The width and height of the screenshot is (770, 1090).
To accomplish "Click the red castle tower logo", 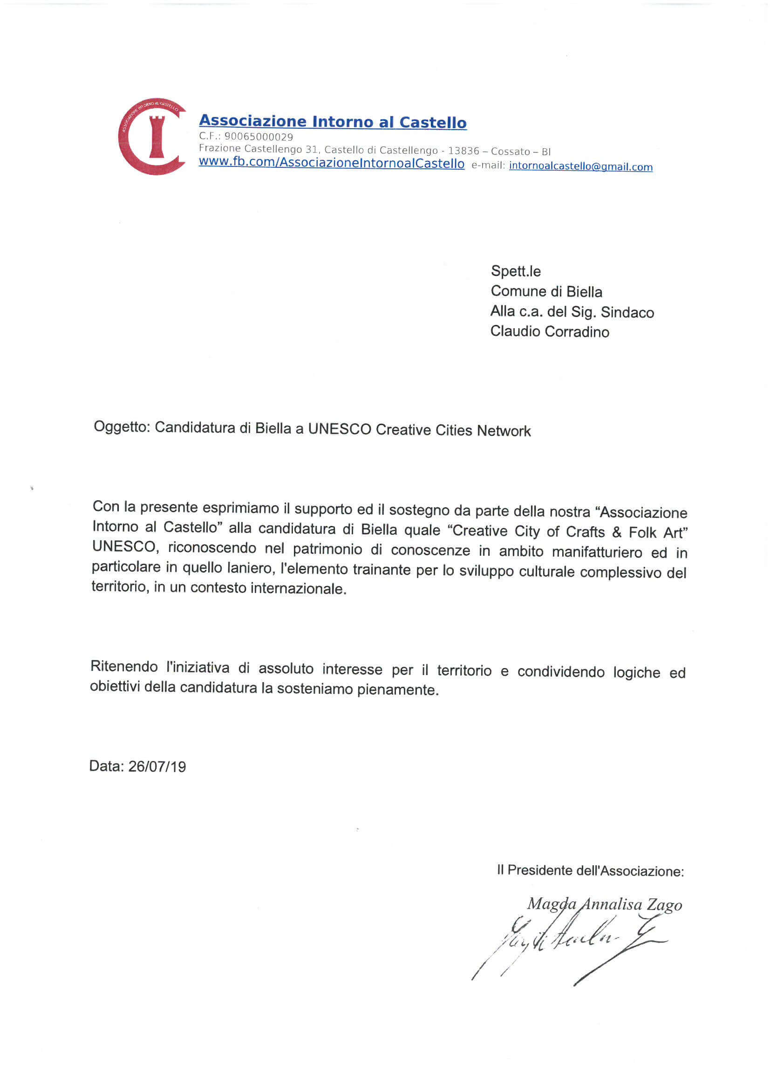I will [x=152, y=137].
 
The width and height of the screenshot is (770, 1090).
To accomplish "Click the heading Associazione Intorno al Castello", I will [x=333, y=122].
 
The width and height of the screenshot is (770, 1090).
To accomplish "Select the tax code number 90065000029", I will [x=259, y=137].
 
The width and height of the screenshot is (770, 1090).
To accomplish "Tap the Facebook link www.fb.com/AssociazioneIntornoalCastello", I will [x=331, y=163].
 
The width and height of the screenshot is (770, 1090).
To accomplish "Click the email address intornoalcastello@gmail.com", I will [x=580, y=166].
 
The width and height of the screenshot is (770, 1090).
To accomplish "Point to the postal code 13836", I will [x=463, y=151].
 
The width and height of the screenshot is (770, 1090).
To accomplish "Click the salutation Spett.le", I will [x=516, y=271].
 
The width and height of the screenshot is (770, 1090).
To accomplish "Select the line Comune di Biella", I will [x=546, y=291].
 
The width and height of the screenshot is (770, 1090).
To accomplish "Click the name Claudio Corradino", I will [x=549, y=331].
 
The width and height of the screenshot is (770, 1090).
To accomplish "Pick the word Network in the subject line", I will [x=504, y=431].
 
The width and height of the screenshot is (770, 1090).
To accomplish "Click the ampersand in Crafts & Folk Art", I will [x=617, y=531].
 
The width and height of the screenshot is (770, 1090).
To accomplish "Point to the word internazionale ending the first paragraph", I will [x=299, y=589].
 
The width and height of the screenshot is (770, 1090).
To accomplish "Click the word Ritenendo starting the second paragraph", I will [x=124, y=666].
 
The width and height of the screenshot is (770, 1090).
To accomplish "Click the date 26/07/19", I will [x=157, y=767].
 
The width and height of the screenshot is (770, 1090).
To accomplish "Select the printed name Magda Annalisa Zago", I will [x=605, y=904].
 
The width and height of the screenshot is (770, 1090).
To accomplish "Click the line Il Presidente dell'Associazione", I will [x=590, y=870].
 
